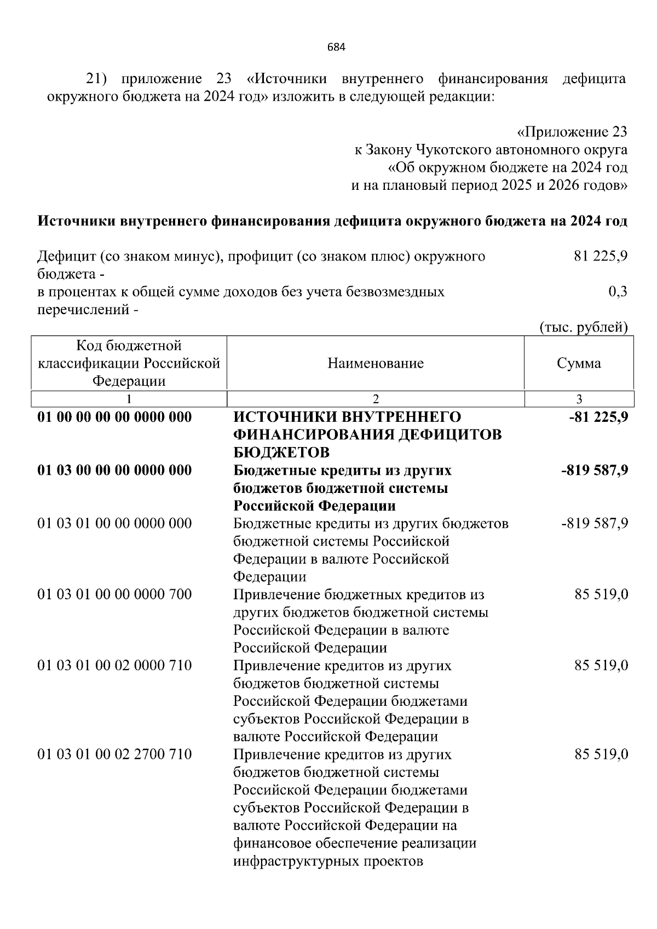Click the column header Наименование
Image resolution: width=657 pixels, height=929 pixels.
(376, 363)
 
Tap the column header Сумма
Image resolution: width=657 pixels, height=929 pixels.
(579, 363)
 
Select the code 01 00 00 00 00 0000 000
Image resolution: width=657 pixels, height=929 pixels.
(114, 417)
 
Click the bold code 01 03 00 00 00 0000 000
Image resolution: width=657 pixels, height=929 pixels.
(114, 470)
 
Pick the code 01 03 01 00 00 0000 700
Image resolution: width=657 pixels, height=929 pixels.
(114, 594)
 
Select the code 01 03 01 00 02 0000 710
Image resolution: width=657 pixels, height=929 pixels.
(114, 665)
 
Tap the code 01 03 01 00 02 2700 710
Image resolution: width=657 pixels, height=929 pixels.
(114, 754)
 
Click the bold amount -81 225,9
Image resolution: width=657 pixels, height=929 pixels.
(598, 417)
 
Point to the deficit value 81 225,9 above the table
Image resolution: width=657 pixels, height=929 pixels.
(601, 256)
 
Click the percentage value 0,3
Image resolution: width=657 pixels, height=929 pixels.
(618, 292)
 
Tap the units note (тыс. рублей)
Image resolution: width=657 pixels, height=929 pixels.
(584, 327)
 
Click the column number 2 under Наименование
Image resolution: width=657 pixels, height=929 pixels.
(376, 399)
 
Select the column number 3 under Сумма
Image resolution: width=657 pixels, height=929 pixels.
(579, 399)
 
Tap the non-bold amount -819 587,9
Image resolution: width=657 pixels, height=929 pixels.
(595, 524)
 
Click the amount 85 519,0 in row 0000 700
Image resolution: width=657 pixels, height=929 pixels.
(601, 594)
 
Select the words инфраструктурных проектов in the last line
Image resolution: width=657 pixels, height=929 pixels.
(328, 861)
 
